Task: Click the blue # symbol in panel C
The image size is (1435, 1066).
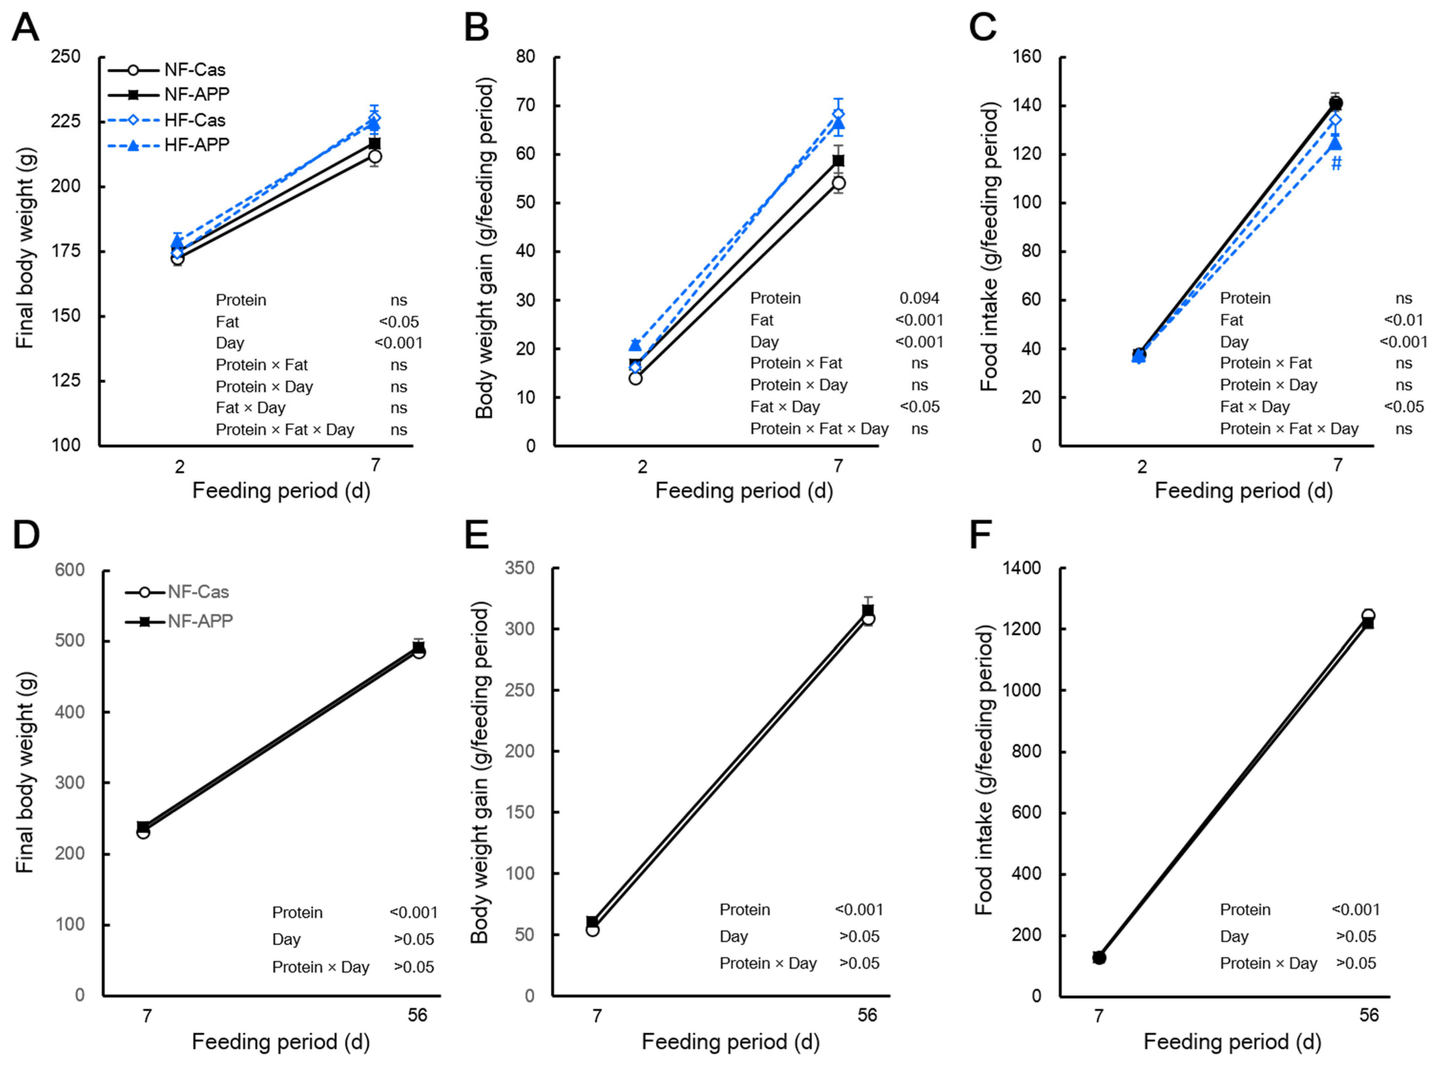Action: (x=1336, y=163)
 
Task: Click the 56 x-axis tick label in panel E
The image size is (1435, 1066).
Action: (x=867, y=1015)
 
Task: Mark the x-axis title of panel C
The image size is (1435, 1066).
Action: (x=1243, y=490)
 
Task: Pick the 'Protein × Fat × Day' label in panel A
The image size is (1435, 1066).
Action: (x=285, y=430)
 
